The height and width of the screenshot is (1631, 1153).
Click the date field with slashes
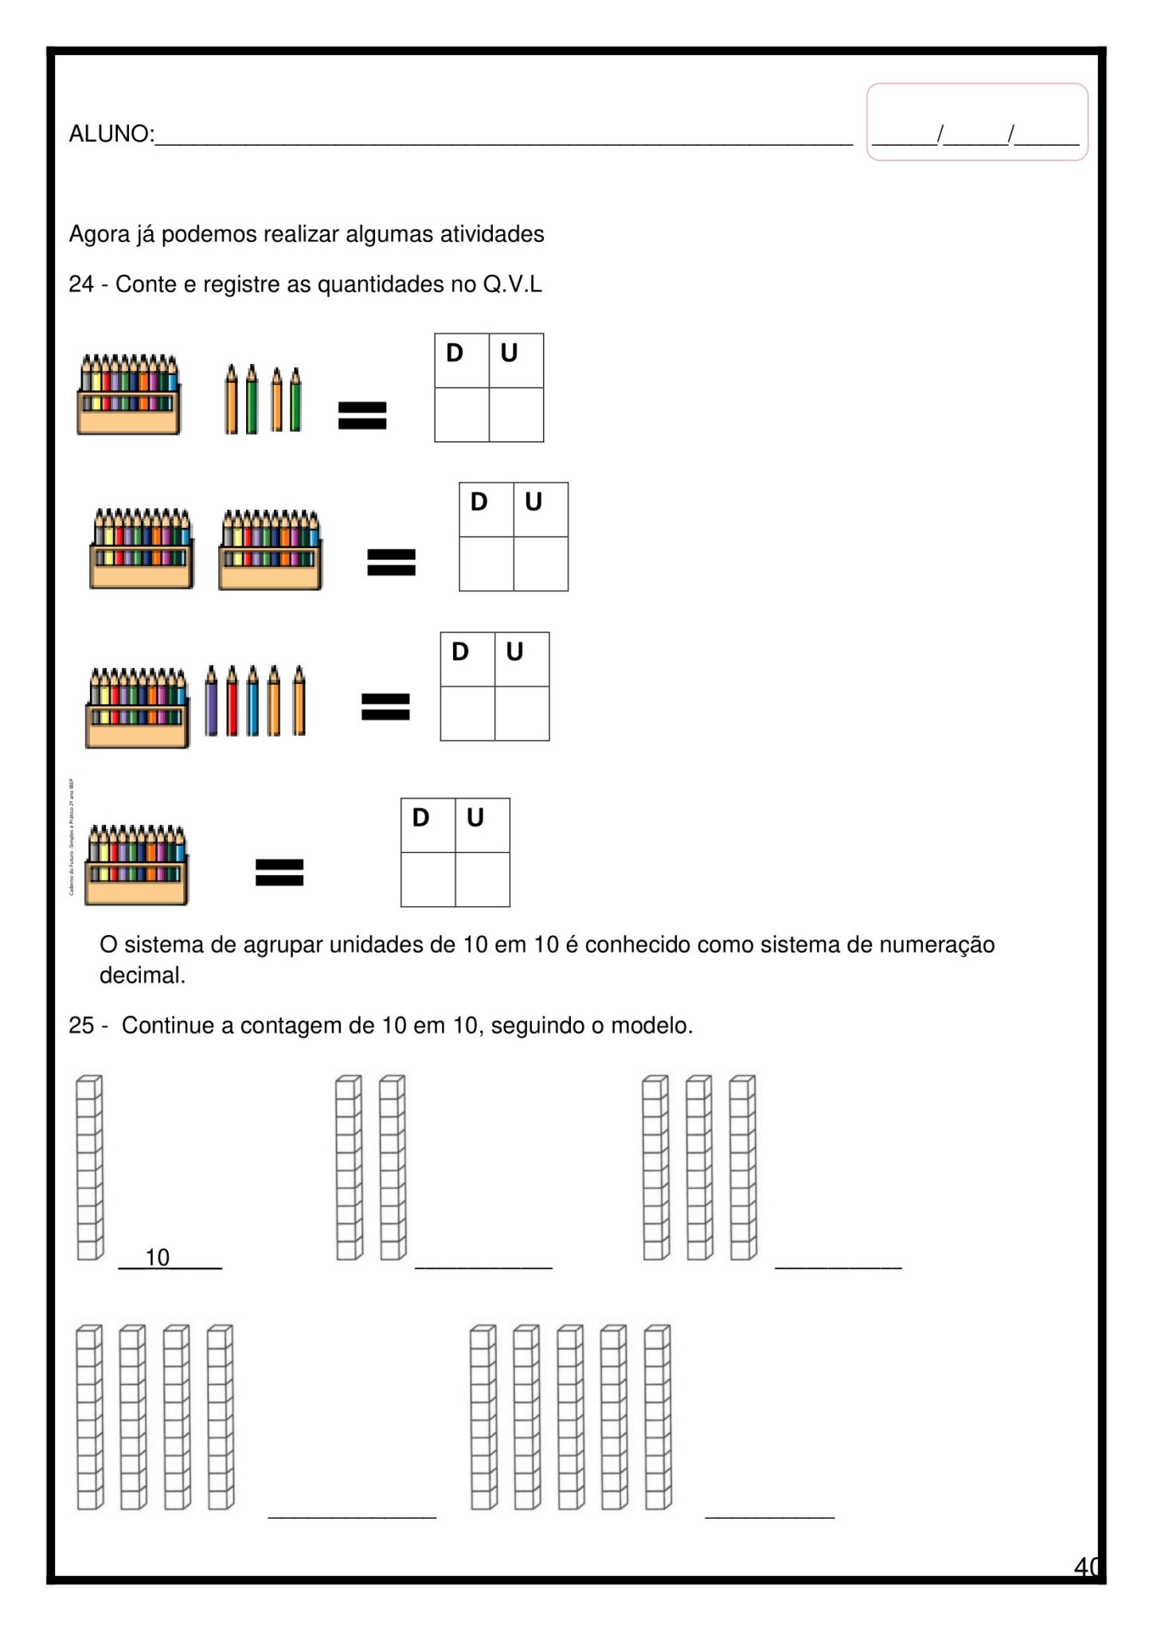coord(975,134)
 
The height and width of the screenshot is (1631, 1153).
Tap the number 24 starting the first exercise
coord(81,284)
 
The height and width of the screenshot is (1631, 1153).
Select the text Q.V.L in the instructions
coord(512,284)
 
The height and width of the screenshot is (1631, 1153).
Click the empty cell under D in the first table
coord(462,415)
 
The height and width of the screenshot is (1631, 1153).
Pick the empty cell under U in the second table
coord(541,564)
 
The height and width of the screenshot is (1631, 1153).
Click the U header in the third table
coord(514,652)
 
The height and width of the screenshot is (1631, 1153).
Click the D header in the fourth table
coord(420,818)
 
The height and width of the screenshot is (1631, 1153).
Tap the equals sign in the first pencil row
coord(362,415)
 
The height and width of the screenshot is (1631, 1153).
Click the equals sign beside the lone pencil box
coord(279,871)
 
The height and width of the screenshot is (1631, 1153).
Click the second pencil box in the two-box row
coord(271,550)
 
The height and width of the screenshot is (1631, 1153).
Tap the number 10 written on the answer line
coord(158,1257)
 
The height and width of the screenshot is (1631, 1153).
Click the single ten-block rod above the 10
coord(89,1168)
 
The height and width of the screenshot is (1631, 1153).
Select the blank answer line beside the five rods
coord(769,1514)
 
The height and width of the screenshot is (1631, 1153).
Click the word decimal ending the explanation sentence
coord(142,976)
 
